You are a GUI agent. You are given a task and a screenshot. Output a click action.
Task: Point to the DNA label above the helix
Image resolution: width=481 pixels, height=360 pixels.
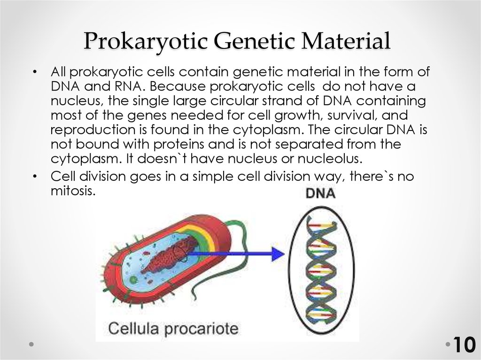point(320,193)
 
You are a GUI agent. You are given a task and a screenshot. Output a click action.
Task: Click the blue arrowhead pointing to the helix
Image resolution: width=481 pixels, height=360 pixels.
point(278,254)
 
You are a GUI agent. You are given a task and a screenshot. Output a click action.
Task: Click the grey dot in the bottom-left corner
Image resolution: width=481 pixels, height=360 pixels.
point(31,344)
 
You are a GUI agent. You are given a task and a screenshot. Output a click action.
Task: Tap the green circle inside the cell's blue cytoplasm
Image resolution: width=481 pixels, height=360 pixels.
point(134,280)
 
